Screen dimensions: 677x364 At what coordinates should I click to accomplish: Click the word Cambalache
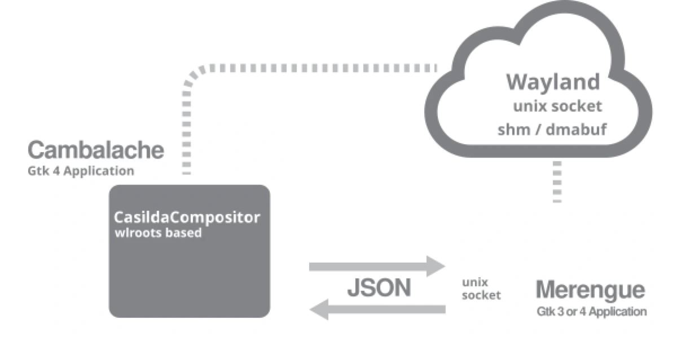96,150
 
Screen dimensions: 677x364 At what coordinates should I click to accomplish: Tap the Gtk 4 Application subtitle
81,171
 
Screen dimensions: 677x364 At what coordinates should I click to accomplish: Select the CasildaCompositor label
187,217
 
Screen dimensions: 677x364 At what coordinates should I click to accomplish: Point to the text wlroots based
158,233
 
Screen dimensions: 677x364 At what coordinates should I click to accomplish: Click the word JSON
379,287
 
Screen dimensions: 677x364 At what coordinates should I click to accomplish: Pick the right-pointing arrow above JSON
377,266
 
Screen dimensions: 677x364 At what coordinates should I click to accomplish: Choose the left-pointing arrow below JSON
378,309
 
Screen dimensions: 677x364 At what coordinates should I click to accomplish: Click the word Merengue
591,290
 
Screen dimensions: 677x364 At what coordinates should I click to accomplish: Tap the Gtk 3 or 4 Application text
591,312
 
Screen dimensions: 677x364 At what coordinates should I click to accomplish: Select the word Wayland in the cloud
553,82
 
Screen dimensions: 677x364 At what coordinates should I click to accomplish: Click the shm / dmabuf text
552,130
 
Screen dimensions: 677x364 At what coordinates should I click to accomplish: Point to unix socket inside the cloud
557,106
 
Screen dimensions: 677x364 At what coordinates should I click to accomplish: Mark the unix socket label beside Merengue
481,289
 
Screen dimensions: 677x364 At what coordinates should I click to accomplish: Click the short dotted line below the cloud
557,182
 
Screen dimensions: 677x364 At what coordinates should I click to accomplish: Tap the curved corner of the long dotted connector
194,76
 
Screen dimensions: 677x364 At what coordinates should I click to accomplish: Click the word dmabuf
576,129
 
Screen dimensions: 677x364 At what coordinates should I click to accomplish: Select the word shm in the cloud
514,130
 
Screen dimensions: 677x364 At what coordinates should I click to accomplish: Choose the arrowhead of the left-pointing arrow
319,309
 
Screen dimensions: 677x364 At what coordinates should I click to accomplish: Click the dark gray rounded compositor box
190,251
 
